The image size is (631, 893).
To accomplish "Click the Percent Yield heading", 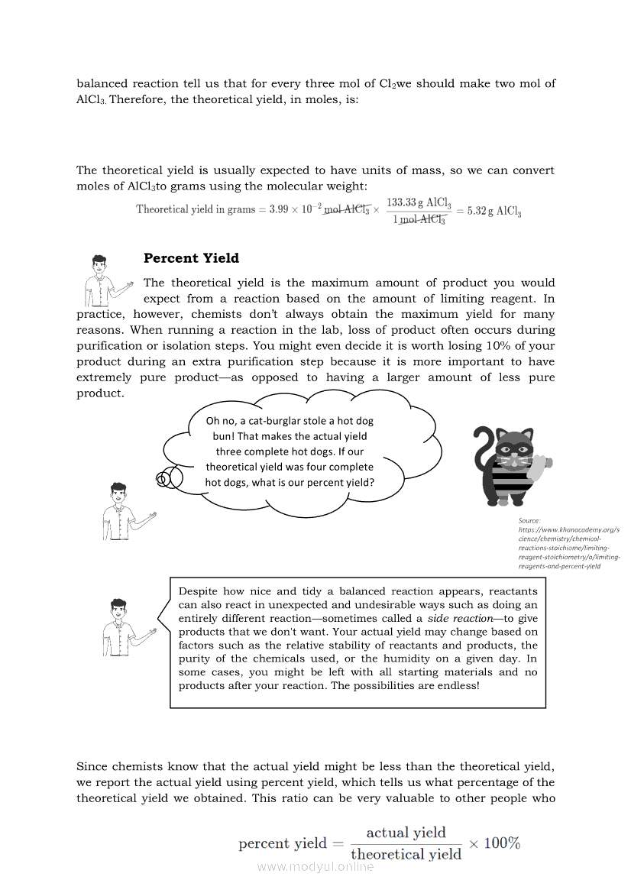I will (x=191, y=258).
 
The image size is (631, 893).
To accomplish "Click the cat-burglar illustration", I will (x=510, y=465).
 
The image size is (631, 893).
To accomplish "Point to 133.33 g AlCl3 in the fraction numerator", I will (x=419, y=202).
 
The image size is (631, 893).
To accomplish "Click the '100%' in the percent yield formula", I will (x=502, y=843).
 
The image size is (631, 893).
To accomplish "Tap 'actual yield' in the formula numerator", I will (x=406, y=833).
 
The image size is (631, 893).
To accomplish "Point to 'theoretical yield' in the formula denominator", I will (x=406, y=854).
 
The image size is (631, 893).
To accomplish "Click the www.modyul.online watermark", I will (x=315, y=867).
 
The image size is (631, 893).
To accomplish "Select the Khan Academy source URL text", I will (x=568, y=547).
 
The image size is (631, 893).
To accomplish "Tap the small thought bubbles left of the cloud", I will (x=170, y=478).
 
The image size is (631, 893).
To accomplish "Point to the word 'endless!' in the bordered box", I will (x=457, y=685).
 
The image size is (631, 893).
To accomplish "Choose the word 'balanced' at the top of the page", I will (x=102, y=83).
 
